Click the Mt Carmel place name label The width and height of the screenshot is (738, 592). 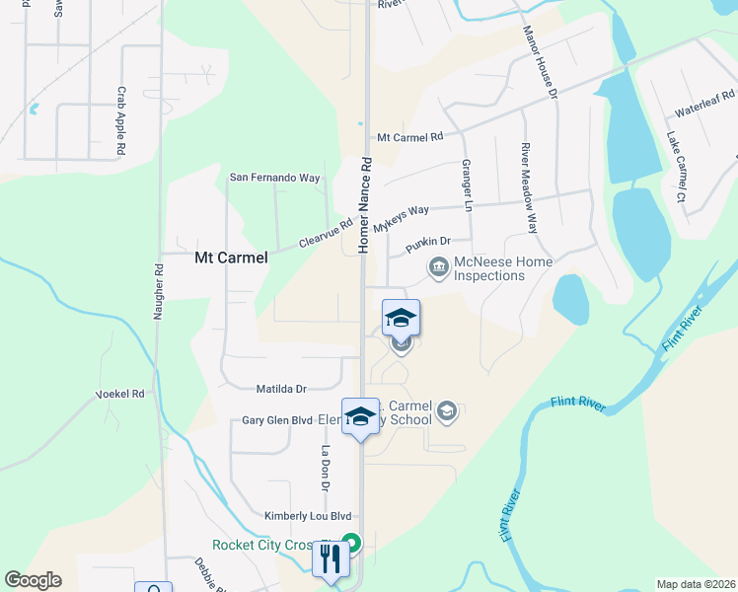[231, 258]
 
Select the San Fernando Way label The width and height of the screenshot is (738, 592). [275, 178]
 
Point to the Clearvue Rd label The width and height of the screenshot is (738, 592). [326, 233]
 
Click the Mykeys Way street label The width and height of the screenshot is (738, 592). [406, 211]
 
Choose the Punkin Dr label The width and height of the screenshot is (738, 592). [427, 241]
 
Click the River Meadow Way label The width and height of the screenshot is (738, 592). [530, 186]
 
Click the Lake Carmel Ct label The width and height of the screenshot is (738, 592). [675, 167]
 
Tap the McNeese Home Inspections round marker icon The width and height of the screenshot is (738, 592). [437, 266]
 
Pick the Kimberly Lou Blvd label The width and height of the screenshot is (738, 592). [308, 516]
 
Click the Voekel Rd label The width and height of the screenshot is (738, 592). [119, 394]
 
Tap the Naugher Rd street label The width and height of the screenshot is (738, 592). [157, 290]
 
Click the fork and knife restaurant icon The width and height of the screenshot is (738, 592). [329, 559]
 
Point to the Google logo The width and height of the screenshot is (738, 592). [34, 580]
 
